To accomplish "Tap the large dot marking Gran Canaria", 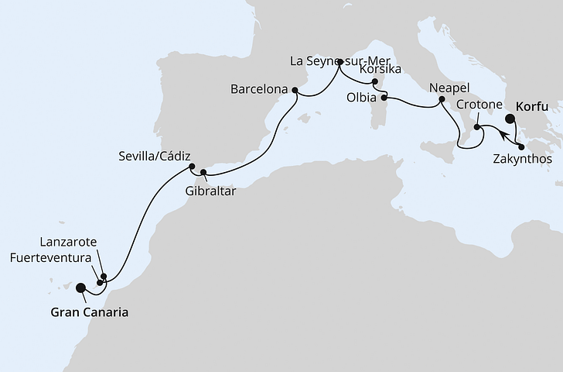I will coord(80,288).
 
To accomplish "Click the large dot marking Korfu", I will coord(510,119).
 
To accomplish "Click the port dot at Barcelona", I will coord(295,90).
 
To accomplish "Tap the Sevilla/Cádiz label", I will coord(153,153).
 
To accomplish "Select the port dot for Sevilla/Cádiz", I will coord(190,166).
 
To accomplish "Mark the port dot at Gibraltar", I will coord(203,172).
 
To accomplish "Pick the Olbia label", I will coord(362,98).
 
